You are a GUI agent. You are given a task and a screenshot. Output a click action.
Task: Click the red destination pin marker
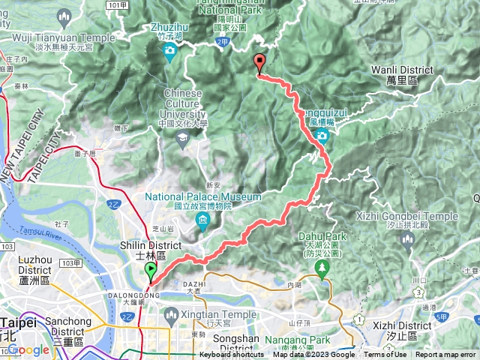tap(259, 64)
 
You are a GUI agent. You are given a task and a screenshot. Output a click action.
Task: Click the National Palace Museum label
tap(203, 197)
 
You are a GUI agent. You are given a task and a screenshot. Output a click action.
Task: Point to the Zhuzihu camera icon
tap(169, 51)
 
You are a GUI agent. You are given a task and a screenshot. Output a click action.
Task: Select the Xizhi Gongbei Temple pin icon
tap(408, 241)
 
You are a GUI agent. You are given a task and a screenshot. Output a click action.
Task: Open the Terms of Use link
tap(386, 355)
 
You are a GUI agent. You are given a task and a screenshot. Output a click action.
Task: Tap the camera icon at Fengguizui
tap(322, 135)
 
